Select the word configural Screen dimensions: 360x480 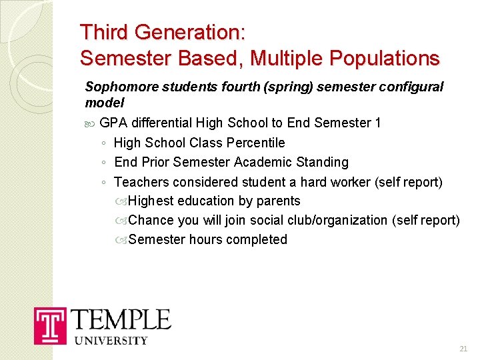414,87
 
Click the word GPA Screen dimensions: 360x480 113,123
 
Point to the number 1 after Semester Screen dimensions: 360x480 377,123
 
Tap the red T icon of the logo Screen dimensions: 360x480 51,326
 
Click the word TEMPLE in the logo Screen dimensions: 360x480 121,319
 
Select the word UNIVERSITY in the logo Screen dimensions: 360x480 110,341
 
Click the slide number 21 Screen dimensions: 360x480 463,349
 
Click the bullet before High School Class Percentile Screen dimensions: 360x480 105,143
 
